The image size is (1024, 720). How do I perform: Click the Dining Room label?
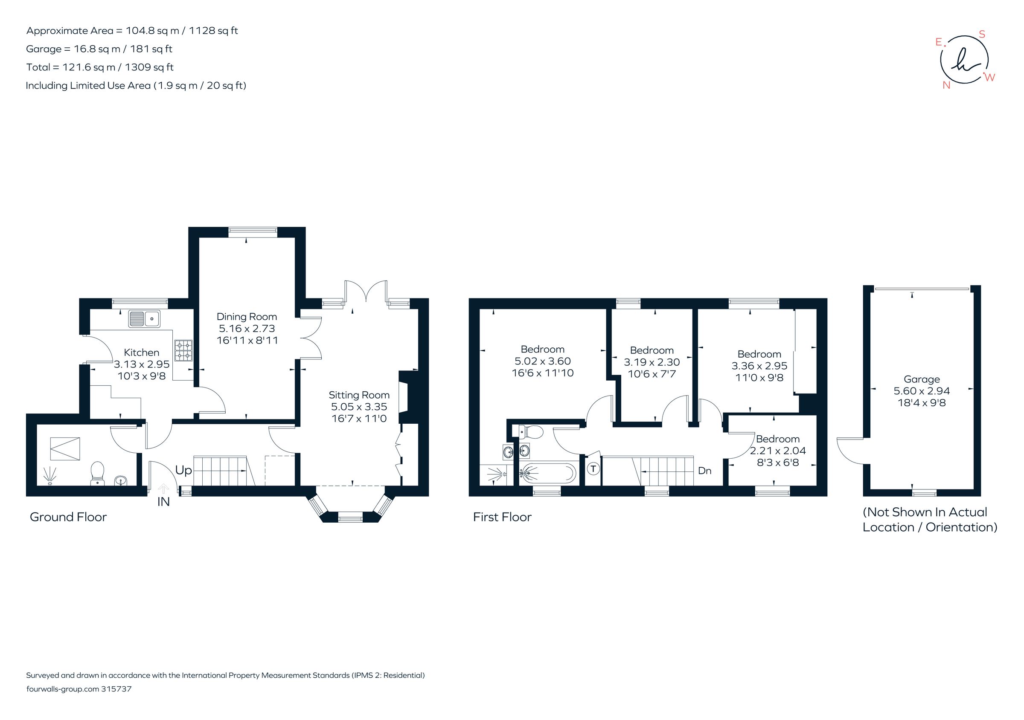pos(247,317)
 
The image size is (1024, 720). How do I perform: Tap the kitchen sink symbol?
pos(145,319)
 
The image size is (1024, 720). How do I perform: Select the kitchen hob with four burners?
pos(183,350)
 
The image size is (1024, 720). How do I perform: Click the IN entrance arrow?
pos(164,489)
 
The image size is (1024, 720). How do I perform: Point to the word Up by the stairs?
pos(183,471)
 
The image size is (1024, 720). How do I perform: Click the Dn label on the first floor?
pos(704,471)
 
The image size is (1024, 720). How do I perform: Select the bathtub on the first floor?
pos(548,473)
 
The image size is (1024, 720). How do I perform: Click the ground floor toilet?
pos(97,473)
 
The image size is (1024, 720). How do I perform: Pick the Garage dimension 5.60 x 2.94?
pos(922,391)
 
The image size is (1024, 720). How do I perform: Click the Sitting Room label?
pos(359,395)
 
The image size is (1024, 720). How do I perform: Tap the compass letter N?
pos(946,86)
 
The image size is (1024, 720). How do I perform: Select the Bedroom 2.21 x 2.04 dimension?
pos(778,451)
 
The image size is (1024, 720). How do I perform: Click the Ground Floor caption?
pos(68,517)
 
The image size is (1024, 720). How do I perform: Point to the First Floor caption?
pos(502,517)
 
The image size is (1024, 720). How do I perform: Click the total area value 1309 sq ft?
pos(149,67)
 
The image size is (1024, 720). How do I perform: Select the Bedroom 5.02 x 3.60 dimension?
pos(542,361)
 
